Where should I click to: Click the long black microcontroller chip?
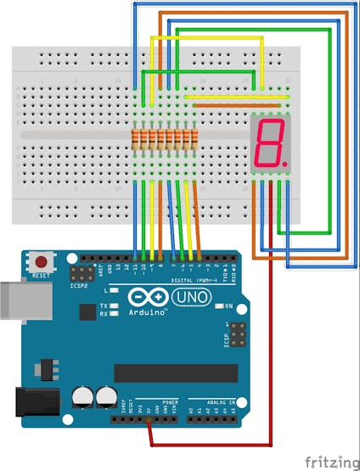(x=170, y=373)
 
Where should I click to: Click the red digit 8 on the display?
(x=269, y=143)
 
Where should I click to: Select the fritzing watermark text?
(x=333, y=462)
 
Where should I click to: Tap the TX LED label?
(x=104, y=306)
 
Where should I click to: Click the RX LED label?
(x=104, y=313)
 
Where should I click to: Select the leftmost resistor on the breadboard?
(x=136, y=137)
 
